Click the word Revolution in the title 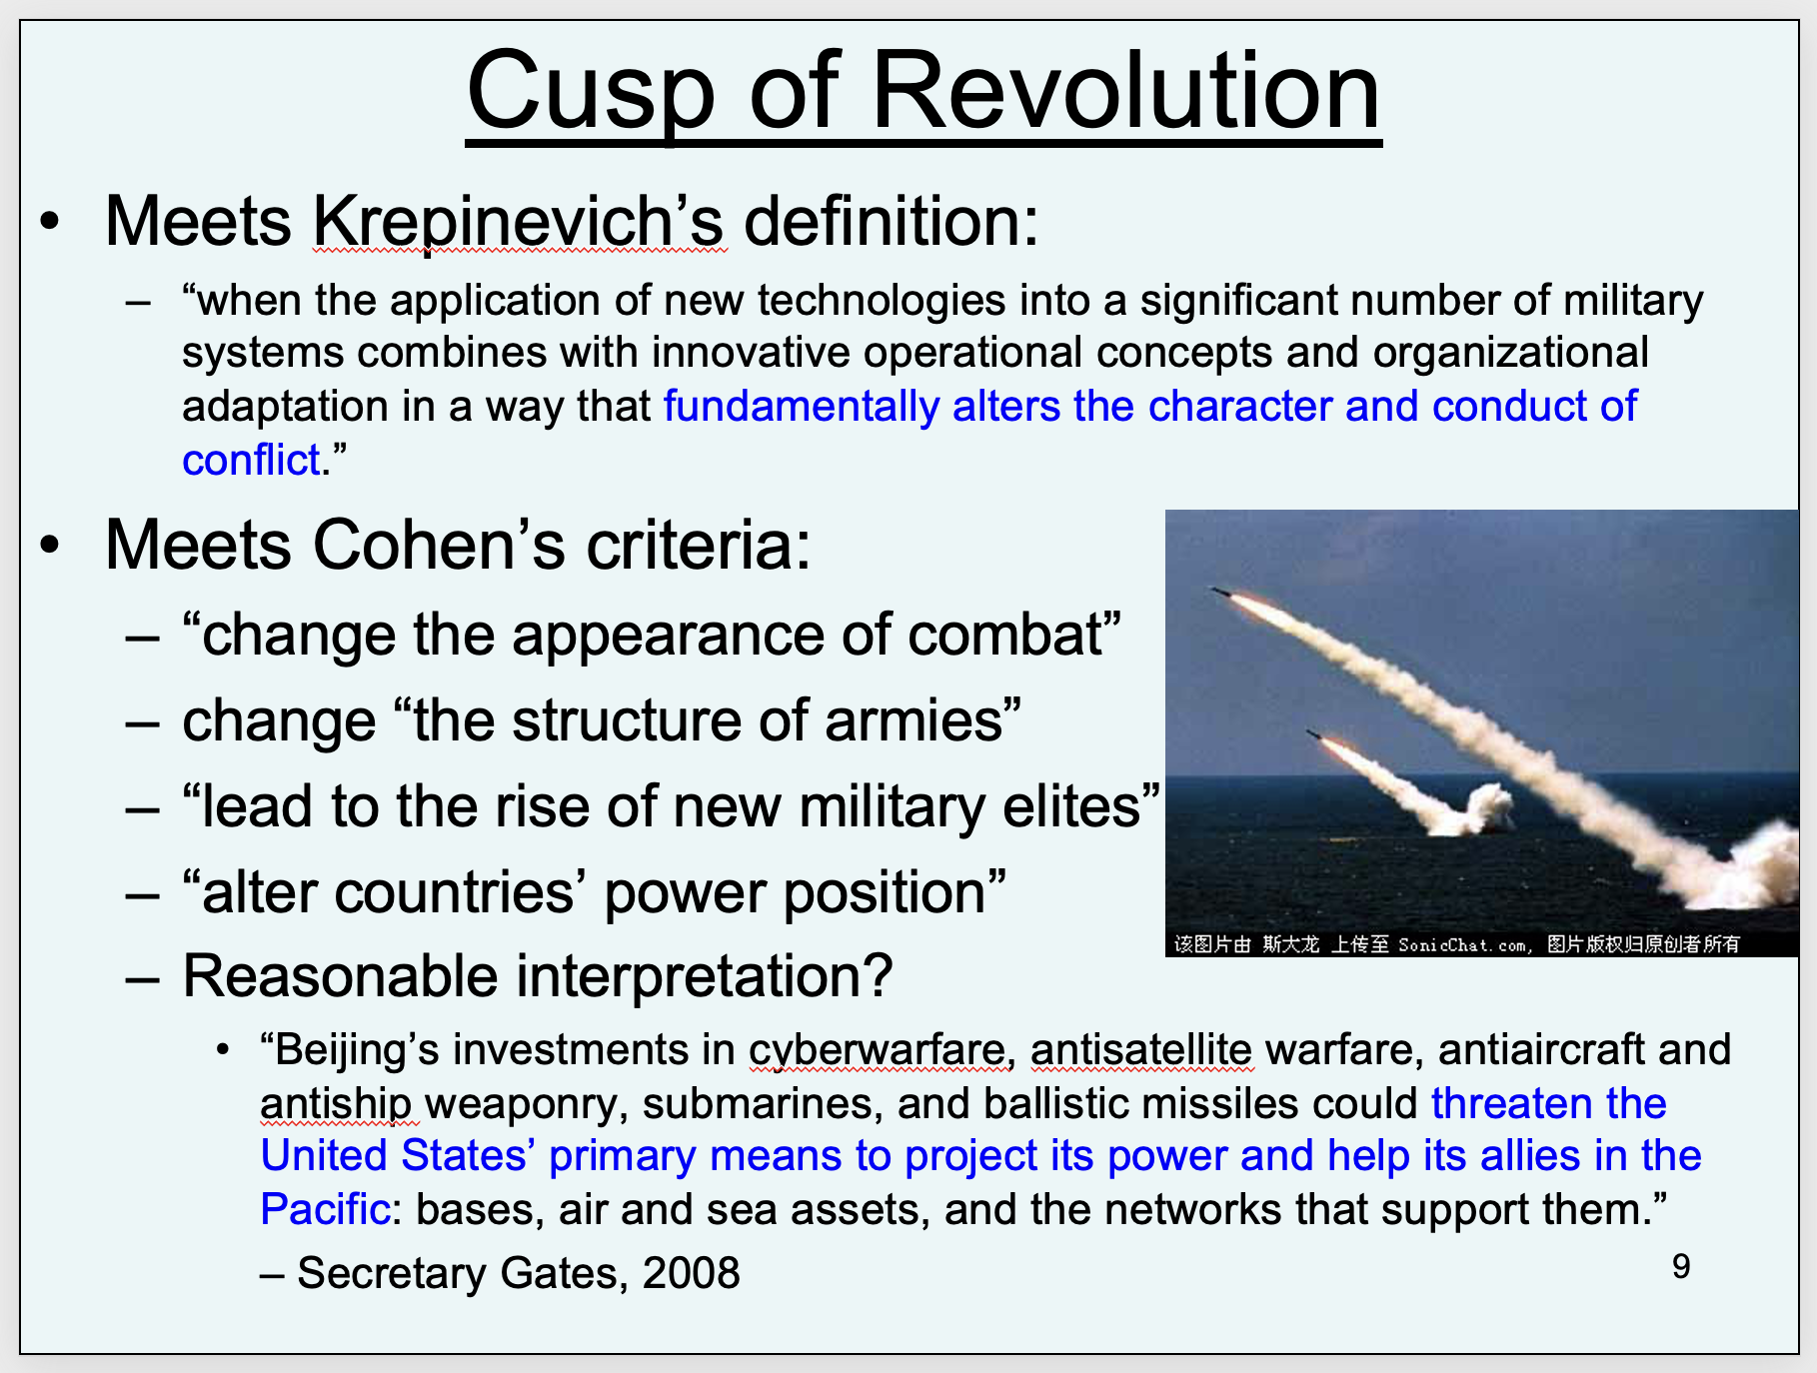[1126, 91]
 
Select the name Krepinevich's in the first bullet [519, 222]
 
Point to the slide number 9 [1681, 1267]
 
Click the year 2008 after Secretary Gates [691, 1273]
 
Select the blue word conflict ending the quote [251, 461]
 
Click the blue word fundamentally [802, 408]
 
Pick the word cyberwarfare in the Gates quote [877, 1051]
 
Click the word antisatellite [1140, 1050]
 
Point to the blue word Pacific [324, 1210]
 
